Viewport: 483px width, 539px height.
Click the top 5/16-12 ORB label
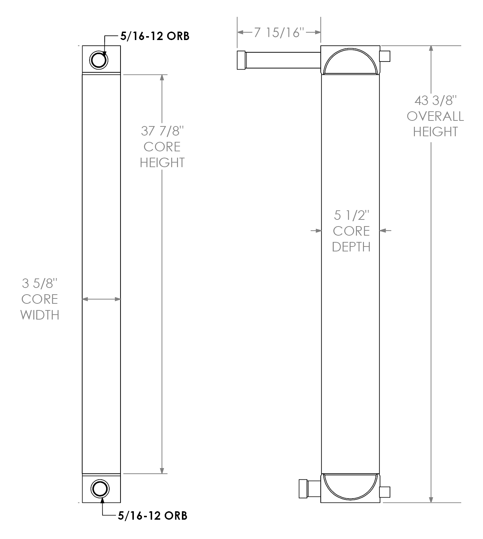coord(155,36)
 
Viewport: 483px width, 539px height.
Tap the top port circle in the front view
coord(99,60)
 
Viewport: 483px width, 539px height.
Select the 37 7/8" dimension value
coord(162,131)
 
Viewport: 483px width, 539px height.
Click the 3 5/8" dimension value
coord(40,283)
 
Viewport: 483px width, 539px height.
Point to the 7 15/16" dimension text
coord(279,33)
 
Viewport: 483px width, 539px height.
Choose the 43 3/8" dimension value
coord(435,101)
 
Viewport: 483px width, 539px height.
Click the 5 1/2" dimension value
coord(351,215)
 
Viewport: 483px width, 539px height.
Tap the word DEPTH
coord(351,247)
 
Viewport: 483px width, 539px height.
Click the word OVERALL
coord(435,116)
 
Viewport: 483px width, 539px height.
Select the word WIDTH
coord(40,315)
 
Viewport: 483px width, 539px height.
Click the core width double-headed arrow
coord(101,299)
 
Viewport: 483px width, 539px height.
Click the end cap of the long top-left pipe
coord(241,60)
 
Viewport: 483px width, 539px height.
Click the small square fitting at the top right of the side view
coord(385,56)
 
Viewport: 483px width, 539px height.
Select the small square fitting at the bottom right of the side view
coord(385,492)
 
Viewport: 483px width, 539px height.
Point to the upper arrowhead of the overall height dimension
coord(431,49)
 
